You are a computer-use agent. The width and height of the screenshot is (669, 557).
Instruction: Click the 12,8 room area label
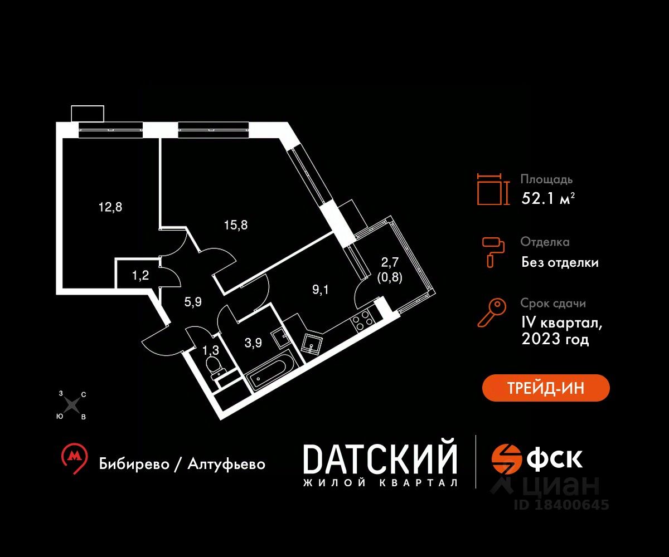click(110, 207)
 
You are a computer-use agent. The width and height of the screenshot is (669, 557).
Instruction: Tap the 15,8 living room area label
click(236, 225)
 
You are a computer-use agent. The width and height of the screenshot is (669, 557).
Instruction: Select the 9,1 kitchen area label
click(320, 290)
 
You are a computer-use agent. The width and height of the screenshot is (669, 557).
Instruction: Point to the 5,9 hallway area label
click(193, 301)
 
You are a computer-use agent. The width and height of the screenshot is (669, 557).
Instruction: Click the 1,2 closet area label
click(140, 275)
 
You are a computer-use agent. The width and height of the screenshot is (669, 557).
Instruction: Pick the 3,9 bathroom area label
click(253, 343)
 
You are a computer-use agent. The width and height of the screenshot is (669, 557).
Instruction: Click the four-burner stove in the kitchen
click(362, 320)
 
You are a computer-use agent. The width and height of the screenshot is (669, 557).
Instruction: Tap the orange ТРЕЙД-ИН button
click(546, 388)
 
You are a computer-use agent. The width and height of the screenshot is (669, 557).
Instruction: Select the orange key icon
click(492, 312)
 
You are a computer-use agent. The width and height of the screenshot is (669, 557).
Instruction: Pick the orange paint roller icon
click(493, 252)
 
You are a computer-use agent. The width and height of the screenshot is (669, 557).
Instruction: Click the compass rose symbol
click(73, 405)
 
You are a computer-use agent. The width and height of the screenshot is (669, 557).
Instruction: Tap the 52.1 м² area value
click(548, 199)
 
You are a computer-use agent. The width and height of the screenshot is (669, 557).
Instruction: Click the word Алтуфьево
click(226, 464)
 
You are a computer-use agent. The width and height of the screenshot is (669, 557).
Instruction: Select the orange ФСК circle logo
click(507, 458)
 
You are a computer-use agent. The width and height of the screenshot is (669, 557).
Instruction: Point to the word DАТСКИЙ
click(380, 459)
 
